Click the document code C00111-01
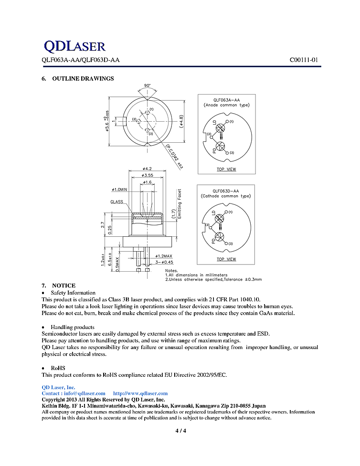pos(303,60)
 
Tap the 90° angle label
pos(148,86)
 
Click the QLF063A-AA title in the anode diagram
pos(226,100)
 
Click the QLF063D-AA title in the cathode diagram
pos(226,191)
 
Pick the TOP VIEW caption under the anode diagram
pos(226,169)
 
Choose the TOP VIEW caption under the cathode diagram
pos(226,259)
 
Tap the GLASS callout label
pos(117,201)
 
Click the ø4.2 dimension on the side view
pos(147,169)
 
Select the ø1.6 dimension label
pos(147,182)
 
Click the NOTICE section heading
pos(64,285)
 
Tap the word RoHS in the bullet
pos(58,368)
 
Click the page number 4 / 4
pos(180,431)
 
